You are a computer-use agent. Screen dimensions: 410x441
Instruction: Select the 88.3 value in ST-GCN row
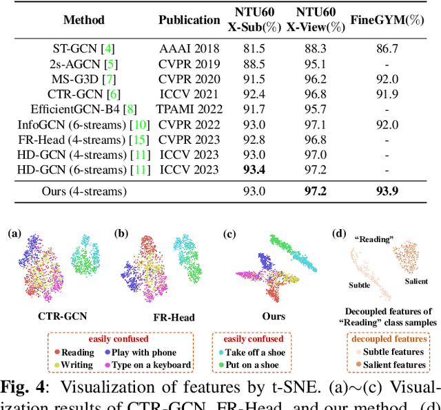[314, 48]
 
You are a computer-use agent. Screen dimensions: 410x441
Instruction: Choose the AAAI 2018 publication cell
[189, 48]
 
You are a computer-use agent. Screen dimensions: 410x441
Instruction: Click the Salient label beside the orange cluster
[412, 281]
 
